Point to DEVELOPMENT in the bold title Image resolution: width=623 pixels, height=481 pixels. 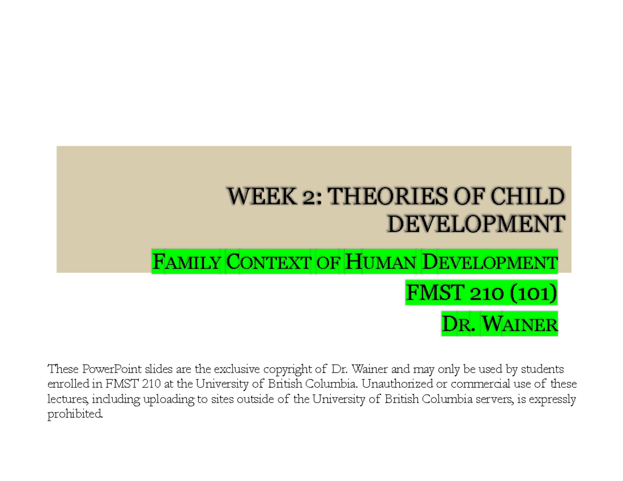pos(476,225)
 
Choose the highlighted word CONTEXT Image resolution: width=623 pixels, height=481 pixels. pos(270,262)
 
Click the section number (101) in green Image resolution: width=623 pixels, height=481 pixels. pos(534,294)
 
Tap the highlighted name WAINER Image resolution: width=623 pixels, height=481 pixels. pos(519,325)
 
